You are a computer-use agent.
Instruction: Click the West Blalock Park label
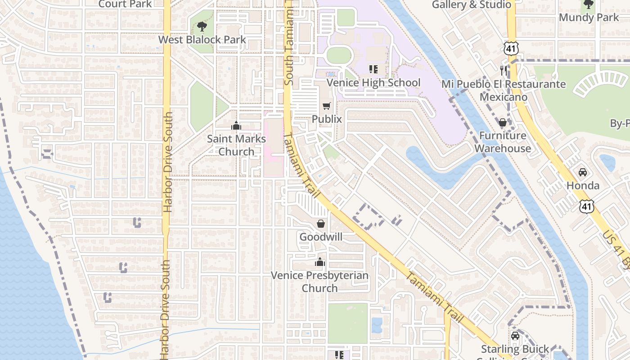point(202,40)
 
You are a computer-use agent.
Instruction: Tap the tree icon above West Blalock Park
point(202,27)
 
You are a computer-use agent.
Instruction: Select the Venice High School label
point(373,83)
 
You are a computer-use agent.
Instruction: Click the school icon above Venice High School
point(373,69)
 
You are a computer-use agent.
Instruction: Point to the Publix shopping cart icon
point(327,106)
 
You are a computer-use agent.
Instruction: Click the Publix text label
point(327,119)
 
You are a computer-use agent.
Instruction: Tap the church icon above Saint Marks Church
point(236,126)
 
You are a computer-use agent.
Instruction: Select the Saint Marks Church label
point(236,145)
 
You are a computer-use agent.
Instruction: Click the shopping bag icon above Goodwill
point(321,224)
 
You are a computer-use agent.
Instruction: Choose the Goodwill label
point(321,237)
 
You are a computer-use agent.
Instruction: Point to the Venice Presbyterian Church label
point(319,281)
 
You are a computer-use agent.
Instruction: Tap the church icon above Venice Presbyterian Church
point(320,262)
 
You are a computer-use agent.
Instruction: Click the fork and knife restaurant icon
point(504,70)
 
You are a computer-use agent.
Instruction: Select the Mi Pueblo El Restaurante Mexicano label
point(503,90)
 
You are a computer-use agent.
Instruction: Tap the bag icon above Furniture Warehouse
point(503,122)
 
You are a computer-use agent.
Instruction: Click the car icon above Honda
point(583,172)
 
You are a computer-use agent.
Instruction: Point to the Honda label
point(583,185)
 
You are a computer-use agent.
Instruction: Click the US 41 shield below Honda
point(586,206)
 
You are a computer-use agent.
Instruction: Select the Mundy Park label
point(589,18)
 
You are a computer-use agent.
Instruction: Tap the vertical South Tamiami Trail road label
point(288,43)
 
